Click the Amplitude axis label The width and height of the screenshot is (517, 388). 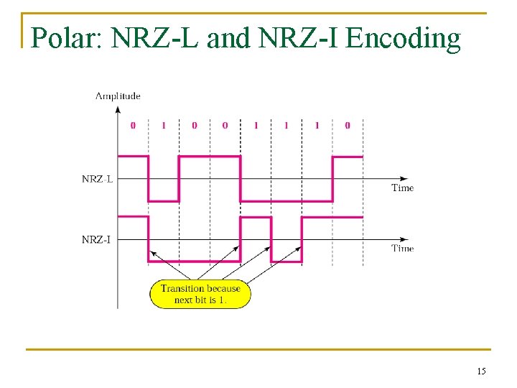(118, 96)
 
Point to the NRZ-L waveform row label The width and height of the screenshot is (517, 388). (97, 179)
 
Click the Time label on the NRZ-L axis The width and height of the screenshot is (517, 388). (402, 188)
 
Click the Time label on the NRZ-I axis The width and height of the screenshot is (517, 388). (402, 248)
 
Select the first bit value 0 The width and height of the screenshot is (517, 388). (133, 125)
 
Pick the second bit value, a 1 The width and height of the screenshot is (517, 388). (163, 125)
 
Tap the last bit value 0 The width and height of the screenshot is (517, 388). (348, 125)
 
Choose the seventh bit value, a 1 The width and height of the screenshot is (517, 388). (317, 125)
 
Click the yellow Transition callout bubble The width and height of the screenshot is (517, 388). (200, 294)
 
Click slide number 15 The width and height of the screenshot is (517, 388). (481, 371)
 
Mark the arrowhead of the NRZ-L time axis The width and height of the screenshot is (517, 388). (407, 179)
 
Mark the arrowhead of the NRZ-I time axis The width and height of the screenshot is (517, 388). (407, 239)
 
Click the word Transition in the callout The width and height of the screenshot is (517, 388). (182, 289)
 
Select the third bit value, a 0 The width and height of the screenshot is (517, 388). (194, 125)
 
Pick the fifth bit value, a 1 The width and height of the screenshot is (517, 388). (256, 125)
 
